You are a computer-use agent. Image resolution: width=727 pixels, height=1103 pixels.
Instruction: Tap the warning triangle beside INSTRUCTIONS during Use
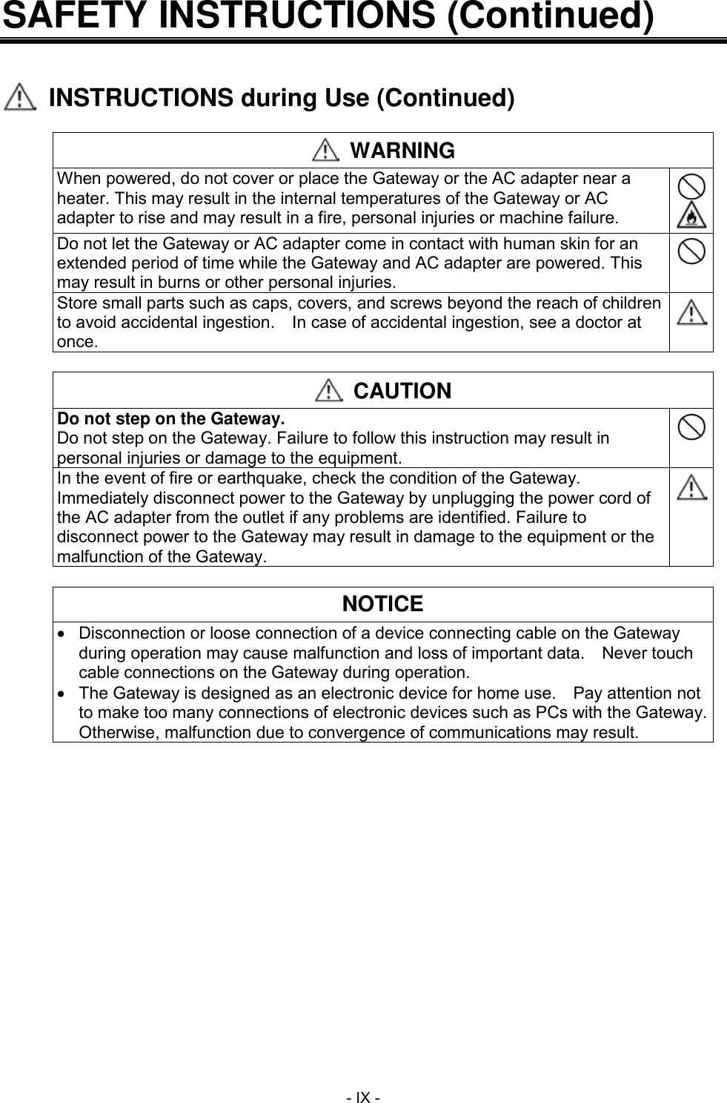click(20, 99)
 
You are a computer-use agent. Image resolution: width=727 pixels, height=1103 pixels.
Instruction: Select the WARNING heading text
click(402, 151)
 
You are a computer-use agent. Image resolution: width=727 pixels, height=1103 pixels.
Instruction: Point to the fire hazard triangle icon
click(691, 214)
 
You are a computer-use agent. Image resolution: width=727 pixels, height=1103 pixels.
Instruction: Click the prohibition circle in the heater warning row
click(691, 185)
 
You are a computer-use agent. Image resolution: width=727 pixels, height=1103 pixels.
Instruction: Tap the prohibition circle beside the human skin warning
click(691, 251)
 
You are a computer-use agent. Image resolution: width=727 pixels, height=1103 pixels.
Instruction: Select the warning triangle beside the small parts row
click(691, 312)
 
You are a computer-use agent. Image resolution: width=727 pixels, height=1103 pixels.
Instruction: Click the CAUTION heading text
click(402, 391)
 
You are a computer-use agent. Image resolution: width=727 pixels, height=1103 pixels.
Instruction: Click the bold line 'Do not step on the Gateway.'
click(171, 418)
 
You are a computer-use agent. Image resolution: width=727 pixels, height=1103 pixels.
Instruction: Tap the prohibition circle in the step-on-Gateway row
click(691, 429)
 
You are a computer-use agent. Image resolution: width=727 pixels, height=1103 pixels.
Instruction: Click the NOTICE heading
click(382, 604)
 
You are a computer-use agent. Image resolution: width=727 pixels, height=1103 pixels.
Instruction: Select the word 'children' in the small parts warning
click(634, 303)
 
